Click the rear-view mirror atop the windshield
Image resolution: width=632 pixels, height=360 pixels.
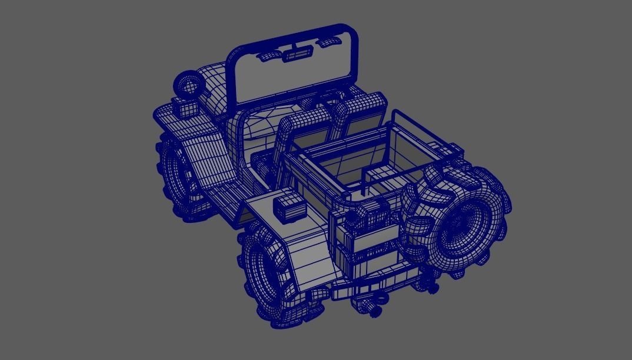point(298,55)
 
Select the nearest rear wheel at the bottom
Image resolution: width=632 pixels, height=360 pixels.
point(268,276)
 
